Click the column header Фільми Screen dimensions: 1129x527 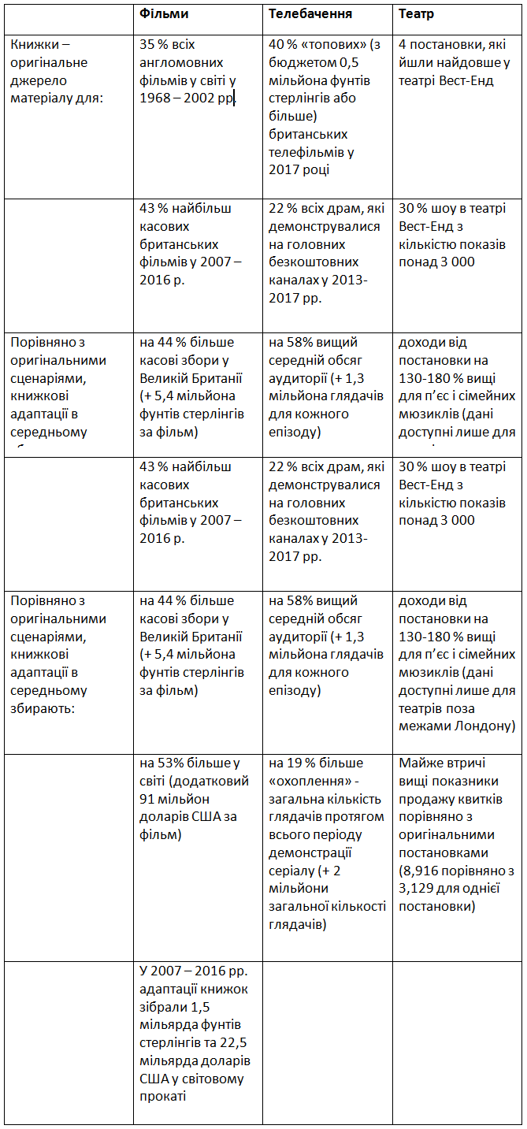click(x=164, y=14)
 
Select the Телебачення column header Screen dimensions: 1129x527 click(x=310, y=14)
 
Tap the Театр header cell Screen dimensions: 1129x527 click(x=416, y=14)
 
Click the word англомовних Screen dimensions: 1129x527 click(x=181, y=62)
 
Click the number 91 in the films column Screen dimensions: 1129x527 click(x=148, y=799)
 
